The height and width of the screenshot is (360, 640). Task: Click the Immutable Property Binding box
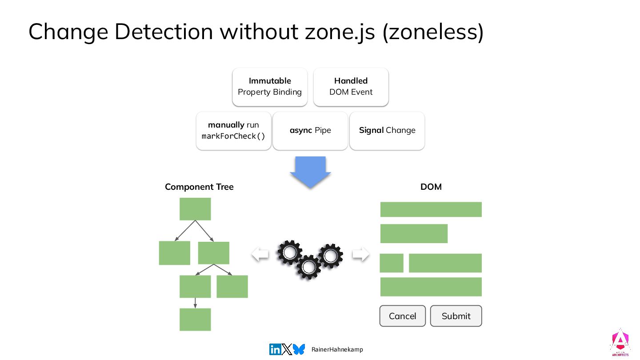tap(270, 87)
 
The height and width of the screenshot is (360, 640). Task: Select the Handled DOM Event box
tap(351, 87)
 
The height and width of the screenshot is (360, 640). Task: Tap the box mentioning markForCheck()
tap(233, 131)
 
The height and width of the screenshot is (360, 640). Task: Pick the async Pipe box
tap(310, 131)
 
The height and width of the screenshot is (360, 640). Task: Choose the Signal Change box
tap(387, 131)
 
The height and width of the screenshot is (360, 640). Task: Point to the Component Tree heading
tap(199, 187)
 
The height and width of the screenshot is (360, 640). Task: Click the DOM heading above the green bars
tap(431, 187)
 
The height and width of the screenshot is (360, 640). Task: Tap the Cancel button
tap(402, 316)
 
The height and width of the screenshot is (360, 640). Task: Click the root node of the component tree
tap(195, 209)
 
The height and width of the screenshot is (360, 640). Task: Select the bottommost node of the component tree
tap(195, 320)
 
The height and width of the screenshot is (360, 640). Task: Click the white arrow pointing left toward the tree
tap(260, 254)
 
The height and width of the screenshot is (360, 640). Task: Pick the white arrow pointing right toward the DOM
tap(360, 254)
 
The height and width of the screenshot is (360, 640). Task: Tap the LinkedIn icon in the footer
tap(275, 350)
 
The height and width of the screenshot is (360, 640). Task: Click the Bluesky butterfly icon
tap(299, 350)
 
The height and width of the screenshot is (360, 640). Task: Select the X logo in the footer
tap(287, 350)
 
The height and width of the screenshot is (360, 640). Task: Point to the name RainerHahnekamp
tap(337, 350)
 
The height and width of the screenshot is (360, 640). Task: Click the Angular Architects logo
tap(620, 342)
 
